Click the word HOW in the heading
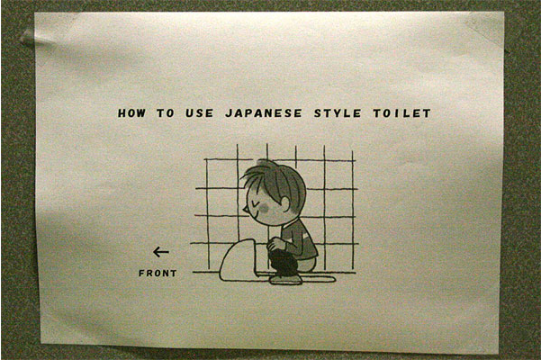[x=131, y=113]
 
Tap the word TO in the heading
[x=166, y=113]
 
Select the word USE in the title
[x=200, y=113]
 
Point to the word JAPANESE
[x=264, y=113]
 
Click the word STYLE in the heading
[x=338, y=113]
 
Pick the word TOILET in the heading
[x=402, y=113]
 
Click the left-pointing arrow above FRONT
[x=161, y=252]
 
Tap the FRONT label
[x=158, y=273]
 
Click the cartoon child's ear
[x=286, y=204]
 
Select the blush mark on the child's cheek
[x=265, y=207]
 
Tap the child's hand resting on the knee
[x=276, y=243]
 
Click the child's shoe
[x=286, y=280]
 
